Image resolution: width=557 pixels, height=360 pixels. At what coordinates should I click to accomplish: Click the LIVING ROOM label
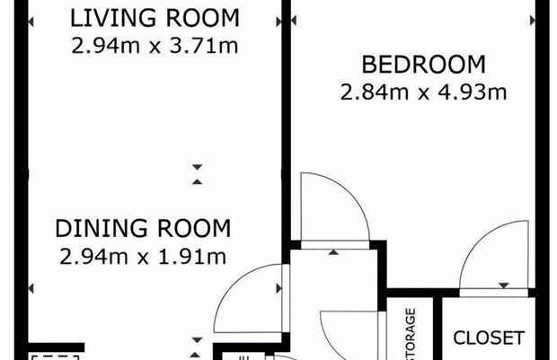tap(155, 18)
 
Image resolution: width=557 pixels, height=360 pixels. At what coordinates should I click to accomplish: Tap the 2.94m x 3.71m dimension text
tap(155, 46)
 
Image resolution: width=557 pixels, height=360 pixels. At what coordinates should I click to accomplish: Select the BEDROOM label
tap(423, 65)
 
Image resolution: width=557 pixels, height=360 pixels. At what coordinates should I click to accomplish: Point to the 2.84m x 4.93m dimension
tap(423, 92)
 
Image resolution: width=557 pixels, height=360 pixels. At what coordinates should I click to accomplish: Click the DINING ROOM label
tap(143, 228)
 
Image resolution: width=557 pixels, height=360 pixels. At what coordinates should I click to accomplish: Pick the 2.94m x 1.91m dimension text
tap(143, 257)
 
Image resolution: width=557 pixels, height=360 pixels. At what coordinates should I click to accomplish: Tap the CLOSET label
tap(489, 338)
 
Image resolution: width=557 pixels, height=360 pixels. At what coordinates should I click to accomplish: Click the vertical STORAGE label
tap(411, 334)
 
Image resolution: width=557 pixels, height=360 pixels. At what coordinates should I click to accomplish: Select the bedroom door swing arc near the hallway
tap(349, 194)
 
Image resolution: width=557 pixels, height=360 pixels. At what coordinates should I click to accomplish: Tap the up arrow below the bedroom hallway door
tap(333, 252)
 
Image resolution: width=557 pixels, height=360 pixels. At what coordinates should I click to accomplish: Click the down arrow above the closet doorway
tap(504, 285)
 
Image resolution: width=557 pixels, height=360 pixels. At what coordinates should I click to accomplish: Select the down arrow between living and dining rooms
tap(197, 166)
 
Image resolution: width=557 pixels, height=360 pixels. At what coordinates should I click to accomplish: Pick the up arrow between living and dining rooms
tap(197, 181)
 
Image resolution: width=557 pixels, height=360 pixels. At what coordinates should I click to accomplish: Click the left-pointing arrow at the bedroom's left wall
tap(294, 21)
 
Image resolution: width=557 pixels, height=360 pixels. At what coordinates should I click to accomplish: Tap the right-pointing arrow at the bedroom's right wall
tap(533, 21)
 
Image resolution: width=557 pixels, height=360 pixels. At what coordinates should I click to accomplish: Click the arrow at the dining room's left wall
tap(31, 288)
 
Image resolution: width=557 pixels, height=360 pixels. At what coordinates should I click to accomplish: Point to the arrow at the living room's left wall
tap(31, 22)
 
